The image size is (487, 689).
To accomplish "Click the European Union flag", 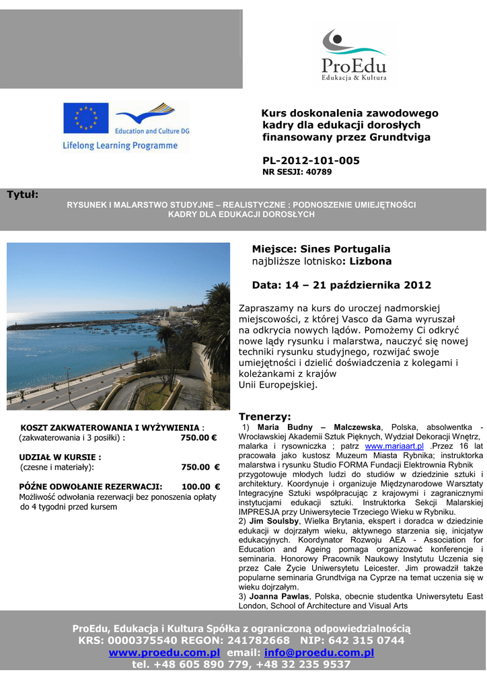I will tap(85, 118).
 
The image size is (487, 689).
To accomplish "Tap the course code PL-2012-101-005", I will tap(311, 160).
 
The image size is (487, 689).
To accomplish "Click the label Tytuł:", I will tap(23, 194).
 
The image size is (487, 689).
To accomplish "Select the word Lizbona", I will tap(368, 261).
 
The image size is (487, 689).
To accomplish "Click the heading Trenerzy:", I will tap(265, 416).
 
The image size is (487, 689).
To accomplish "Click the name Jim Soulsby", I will tap(274, 521).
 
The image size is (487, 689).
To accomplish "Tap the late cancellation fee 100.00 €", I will tap(201, 486).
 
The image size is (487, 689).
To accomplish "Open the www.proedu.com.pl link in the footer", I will tap(165, 653).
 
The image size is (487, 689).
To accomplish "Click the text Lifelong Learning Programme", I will tap(120, 145).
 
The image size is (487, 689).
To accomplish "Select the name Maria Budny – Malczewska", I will tap(319, 427).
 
